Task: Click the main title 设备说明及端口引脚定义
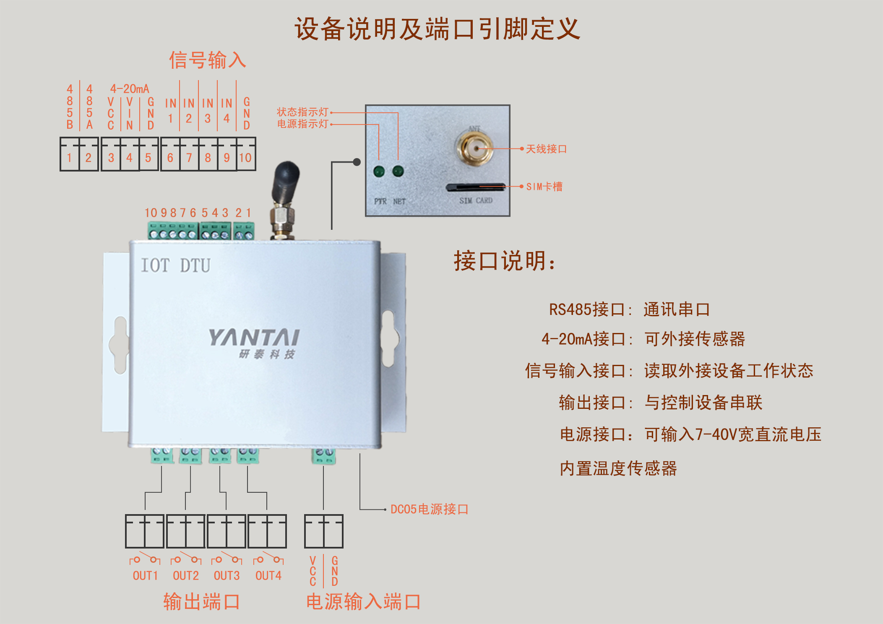pos(437,29)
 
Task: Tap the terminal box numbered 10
pos(246,158)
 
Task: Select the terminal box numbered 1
pos(70,158)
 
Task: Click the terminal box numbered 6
pos(170,158)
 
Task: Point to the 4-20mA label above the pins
pos(130,89)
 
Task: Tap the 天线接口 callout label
pos(546,149)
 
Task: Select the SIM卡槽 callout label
pos(544,187)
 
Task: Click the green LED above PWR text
pos(379,171)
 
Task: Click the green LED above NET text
pos(398,171)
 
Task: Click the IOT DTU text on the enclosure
pos(175,265)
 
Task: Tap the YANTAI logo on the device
pos(254,338)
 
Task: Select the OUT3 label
pos(227,576)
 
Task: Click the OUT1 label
pos(145,576)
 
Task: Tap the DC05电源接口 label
pos(429,509)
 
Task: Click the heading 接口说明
pos(505,261)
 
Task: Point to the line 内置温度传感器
pos(618,468)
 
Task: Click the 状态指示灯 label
pos(302,112)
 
